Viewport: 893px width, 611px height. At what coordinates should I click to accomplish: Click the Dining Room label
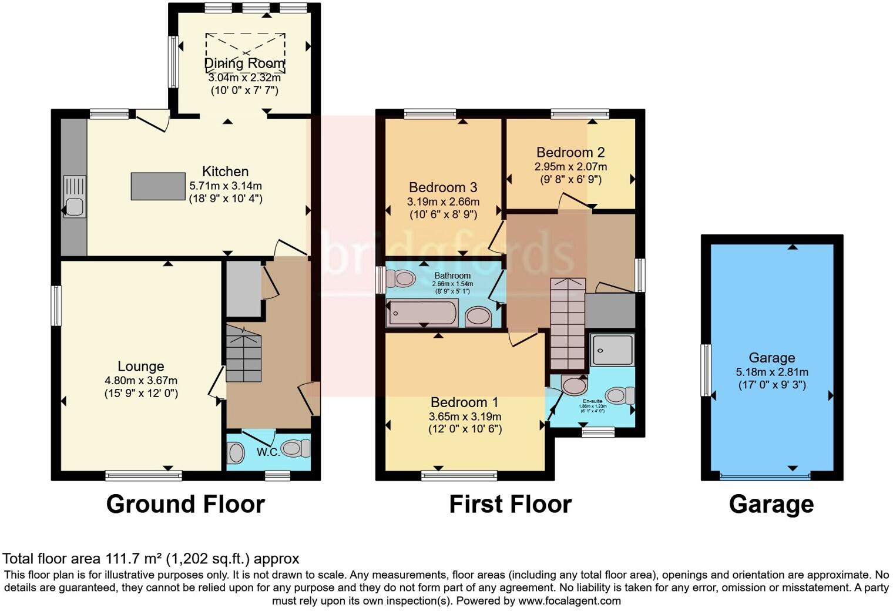(x=244, y=63)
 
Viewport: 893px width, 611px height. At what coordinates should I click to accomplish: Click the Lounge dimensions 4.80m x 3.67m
(x=141, y=380)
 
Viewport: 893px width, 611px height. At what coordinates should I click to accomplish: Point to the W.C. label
(x=268, y=452)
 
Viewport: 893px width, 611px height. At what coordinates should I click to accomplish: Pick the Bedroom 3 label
(x=443, y=187)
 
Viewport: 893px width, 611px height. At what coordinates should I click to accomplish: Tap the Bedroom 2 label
(x=570, y=153)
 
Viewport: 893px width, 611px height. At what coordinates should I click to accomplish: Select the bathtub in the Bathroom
(x=422, y=314)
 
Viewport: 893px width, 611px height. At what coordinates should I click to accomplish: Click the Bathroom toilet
(x=402, y=278)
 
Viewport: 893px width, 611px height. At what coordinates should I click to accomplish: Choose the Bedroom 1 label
(x=464, y=402)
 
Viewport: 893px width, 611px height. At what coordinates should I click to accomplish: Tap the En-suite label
(x=592, y=401)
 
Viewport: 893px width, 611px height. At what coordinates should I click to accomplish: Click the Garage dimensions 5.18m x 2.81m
(x=772, y=372)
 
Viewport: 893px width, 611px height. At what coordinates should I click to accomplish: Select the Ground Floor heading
(x=185, y=504)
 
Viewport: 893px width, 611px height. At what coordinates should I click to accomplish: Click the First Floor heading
(x=510, y=504)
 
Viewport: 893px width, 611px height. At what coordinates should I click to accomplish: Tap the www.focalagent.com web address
(x=569, y=601)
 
